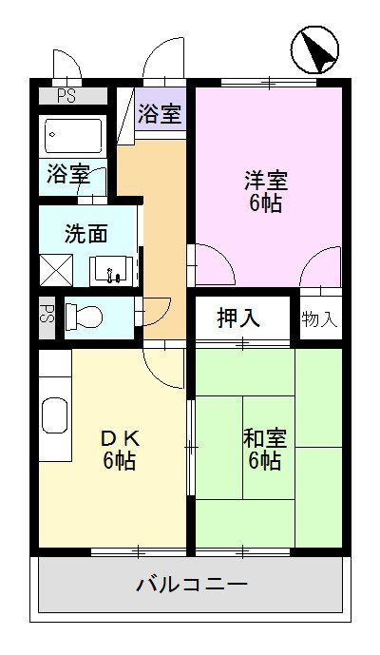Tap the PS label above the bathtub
[x=66, y=95]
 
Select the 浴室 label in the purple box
[x=160, y=114]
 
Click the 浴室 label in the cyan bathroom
[x=67, y=175]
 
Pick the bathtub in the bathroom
[x=74, y=136]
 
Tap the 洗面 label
[x=85, y=232]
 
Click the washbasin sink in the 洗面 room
[x=113, y=270]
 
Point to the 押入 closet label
[x=238, y=318]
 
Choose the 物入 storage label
[x=319, y=318]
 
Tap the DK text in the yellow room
[x=121, y=438]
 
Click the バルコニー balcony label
[x=191, y=583]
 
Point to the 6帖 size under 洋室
[x=265, y=203]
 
